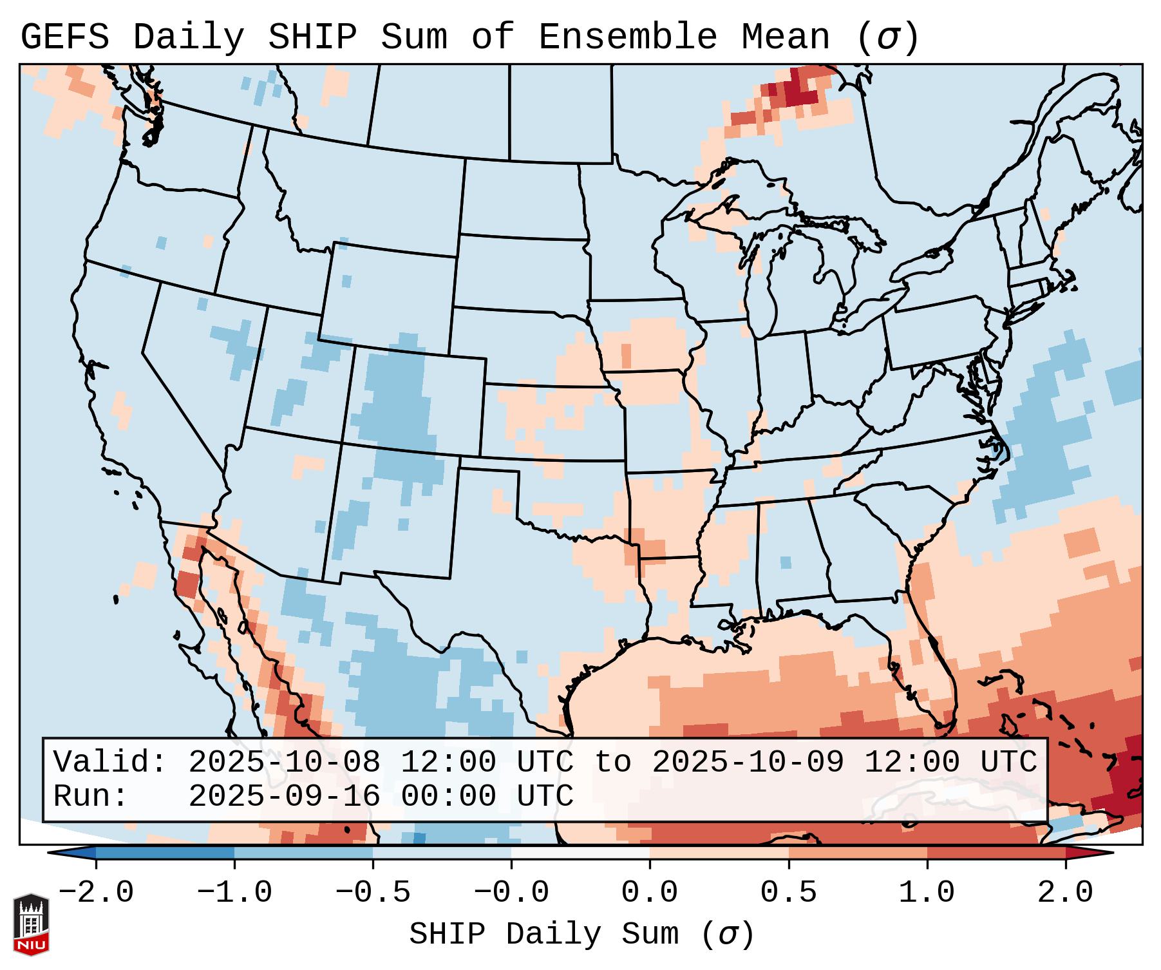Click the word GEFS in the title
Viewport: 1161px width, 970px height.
click(x=64, y=37)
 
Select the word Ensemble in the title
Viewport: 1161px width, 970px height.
click(x=627, y=37)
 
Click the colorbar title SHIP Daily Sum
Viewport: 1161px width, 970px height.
click(x=544, y=934)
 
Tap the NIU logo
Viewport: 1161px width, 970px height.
click(x=31, y=924)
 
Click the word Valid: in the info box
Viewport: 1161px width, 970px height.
click(x=110, y=763)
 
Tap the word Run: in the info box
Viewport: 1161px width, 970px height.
click(x=91, y=797)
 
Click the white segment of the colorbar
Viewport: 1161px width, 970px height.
click(x=580, y=853)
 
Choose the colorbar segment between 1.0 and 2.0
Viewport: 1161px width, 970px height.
click(x=996, y=853)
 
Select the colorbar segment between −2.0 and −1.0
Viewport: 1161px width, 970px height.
click(x=165, y=853)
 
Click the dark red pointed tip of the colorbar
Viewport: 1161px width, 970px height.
click(x=1095, y=853)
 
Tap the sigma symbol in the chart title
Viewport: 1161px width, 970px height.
click(x=887, y=37)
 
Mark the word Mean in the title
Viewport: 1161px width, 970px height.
click(x=785, y=37)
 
